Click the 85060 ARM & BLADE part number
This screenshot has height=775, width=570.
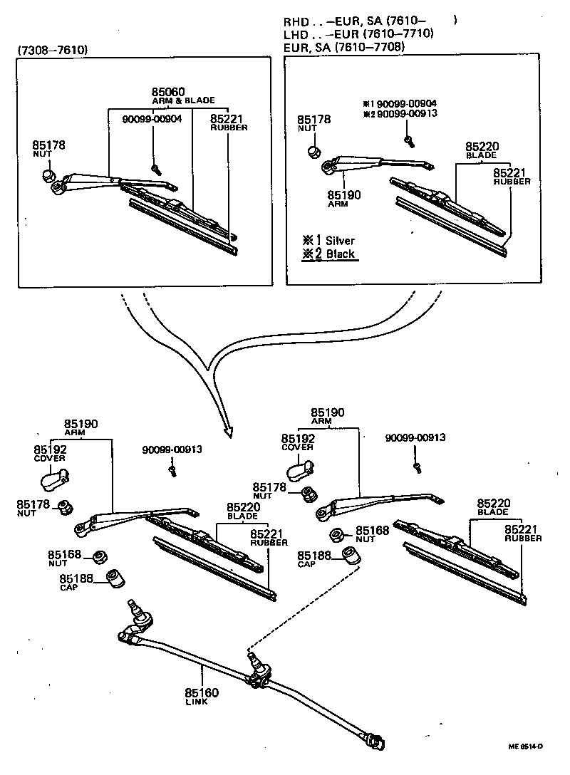[168, 93]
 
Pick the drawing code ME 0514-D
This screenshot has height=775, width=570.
[525, 746]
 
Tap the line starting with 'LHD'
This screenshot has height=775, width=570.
[359, 33]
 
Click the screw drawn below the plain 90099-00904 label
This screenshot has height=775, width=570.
[155, 169]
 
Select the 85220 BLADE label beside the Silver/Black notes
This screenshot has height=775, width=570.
[482, 150]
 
